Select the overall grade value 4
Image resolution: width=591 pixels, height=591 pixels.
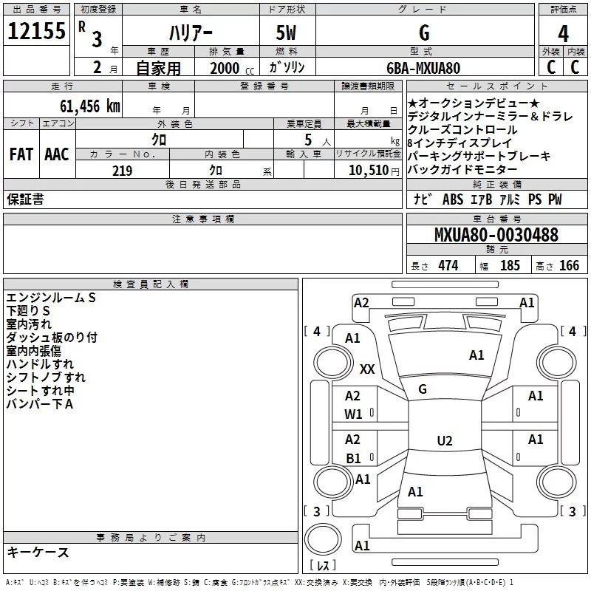click(x=564, y=33)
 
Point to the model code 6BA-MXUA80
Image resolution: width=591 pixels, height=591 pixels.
click(x=423, y=67)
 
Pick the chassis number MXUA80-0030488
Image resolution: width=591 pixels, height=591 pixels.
click(x=496, y=236)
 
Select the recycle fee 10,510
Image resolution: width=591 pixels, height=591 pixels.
click(x=367, y=171)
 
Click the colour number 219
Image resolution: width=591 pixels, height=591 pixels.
click(x=122, y=171)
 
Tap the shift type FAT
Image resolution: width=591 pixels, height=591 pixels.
click(x=21, y=154)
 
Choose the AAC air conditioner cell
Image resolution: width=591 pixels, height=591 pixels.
click(x=56, y=154)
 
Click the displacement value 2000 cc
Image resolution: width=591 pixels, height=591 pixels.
click(x=225, y=68)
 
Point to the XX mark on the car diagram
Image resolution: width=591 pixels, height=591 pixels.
click(x=367, y=369)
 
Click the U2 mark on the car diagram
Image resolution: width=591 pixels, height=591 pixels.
click(x=444, y=441)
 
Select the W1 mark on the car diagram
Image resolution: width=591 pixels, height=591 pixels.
click(x=354, y=414)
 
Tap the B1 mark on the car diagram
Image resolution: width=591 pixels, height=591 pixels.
click(x=354, y=458)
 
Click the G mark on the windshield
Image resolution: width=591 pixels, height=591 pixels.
click(x=423, y=389)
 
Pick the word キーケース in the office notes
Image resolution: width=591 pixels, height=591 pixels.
click(x=38, y=553)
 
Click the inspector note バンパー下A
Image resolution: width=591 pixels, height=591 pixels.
click(x=40, y=404)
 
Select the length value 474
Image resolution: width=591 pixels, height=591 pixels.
click(x=448, y=266)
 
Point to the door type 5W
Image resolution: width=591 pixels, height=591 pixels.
click(x=286, y=33)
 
